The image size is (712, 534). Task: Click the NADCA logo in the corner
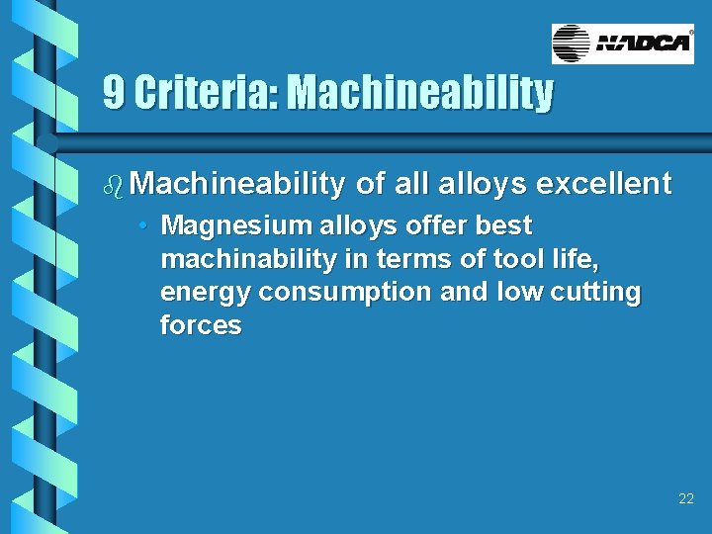coord(623,44)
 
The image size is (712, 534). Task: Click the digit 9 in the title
coord(114,93)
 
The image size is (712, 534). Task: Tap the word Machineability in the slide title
coord(419,93)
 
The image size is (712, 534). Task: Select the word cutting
coord(595,294)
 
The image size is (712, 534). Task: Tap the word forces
coord(201,327)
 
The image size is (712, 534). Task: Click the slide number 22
coord(686,499)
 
